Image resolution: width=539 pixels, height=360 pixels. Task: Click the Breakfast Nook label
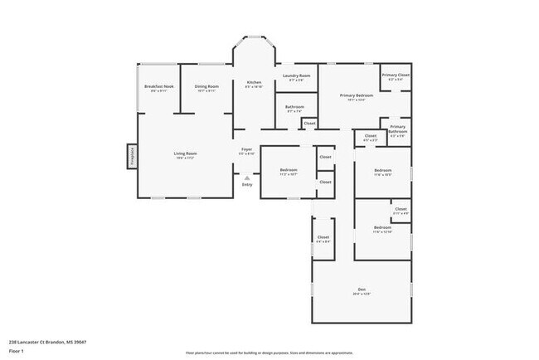[x=158, y=87]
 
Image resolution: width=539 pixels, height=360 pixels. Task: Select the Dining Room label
[x=206, y=87]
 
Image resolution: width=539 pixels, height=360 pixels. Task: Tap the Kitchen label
[x=254, y=84]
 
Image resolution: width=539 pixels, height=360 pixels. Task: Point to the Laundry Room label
[x=296, y=77]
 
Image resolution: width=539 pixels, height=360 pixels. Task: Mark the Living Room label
[x=185, y=154]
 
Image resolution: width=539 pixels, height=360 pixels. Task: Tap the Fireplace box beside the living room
[x=131, y=156]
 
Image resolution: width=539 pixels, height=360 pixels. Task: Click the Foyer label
[x=246, y=151]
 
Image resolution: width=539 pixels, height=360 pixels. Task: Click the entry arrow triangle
[x=246, y=176]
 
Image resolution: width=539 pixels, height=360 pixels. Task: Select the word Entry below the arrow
[x=247, y=184]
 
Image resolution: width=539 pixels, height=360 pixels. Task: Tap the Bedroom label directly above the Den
[x=382, y=228]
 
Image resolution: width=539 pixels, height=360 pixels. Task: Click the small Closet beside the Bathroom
[x=309, y=124]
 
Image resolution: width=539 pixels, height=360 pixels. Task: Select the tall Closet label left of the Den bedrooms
[x=323, y=238]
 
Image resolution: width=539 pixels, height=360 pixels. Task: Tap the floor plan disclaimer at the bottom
[x=269, y=353]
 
